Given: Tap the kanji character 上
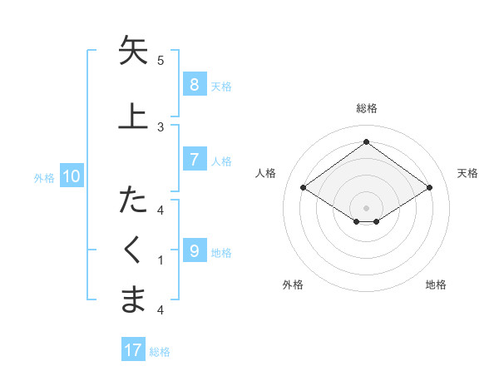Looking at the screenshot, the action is click(x=133, y=115).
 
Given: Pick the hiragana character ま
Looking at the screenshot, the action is click(x=133, y=299).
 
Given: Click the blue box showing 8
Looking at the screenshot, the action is click(x=194, y=85).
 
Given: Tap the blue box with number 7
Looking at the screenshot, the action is click(x=194, y=160).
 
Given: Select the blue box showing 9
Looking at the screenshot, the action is click(x=194, y=251).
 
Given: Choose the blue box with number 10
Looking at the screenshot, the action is click(x=71, y=176).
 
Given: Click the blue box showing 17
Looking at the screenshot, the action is click(x=133, y=350).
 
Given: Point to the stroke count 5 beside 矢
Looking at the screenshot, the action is click(x=161, y=60).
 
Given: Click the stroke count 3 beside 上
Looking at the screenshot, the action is click(x=161, y=126).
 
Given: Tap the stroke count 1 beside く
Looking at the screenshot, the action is click(x=161, y=260).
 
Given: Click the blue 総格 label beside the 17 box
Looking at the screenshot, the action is click(x=160, y=351).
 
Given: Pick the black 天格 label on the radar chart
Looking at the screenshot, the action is click(x=467, y=173).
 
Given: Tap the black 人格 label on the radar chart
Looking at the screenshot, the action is click(x=266, y=173).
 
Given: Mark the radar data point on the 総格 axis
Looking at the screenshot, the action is click(x=366, y=141).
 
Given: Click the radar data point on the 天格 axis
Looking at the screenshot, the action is click(x=429, y=188).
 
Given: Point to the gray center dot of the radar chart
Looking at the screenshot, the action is click(x=366, y=206).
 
